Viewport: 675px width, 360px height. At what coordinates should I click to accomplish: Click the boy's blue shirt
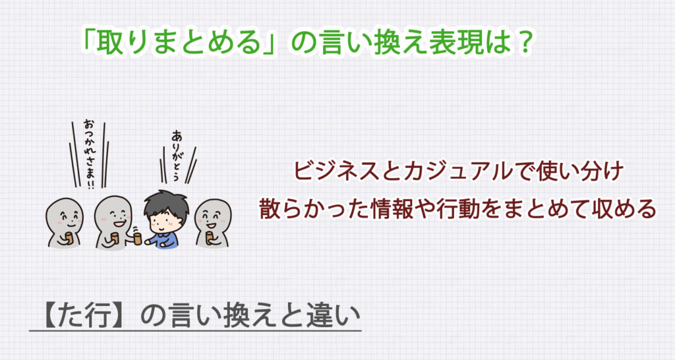163,237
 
